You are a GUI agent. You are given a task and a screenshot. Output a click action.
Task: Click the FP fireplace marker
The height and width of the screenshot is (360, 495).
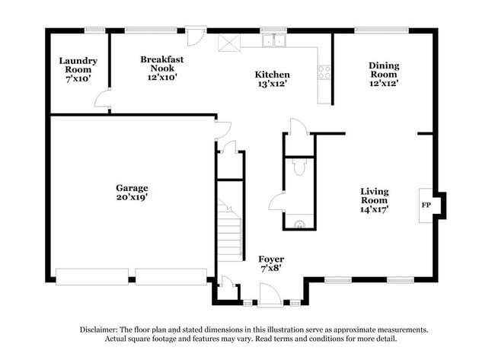point(426,205)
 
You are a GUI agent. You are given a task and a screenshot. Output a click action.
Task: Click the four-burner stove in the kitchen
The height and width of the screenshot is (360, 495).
point(325,72)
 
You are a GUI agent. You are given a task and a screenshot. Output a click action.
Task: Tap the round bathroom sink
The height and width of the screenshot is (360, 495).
point(301,224)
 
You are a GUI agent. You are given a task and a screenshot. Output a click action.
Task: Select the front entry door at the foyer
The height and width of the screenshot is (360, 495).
point(270,294)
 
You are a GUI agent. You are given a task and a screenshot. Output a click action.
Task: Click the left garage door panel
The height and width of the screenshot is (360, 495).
point(92,276)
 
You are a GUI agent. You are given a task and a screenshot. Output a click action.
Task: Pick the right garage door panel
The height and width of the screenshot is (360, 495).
point(171,276)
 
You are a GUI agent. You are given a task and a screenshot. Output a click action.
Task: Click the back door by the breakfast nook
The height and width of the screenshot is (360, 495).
point(196,37)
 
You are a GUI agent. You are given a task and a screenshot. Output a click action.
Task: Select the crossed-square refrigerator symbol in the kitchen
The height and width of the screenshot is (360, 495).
point(228,42)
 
